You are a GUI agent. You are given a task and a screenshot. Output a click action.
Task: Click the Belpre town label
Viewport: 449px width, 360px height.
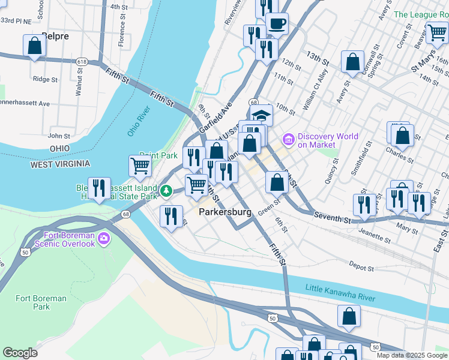click(55, 36)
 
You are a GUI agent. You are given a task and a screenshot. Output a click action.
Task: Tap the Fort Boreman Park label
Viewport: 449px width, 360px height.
click(33, 302)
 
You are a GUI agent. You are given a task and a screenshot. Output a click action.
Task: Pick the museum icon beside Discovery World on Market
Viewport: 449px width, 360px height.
click(288, 140)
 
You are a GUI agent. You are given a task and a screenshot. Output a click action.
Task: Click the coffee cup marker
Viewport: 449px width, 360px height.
click(277, 24)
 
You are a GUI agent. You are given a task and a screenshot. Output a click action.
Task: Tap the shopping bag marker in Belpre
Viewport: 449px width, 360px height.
click(35, 46)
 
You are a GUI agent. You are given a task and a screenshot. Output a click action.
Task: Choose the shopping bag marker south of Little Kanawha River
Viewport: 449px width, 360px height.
click(349, 316)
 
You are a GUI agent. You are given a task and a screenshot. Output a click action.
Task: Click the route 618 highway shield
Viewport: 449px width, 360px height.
click(82, 61)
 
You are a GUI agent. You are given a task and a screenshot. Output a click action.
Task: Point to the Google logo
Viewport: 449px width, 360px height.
click(20, 353)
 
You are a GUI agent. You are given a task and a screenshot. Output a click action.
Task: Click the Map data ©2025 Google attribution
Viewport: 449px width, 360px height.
click(411, 355)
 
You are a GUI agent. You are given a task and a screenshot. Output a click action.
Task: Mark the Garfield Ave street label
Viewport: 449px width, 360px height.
click(215, 117)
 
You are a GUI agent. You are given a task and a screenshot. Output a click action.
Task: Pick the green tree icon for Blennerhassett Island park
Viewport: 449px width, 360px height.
click(166, 191)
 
